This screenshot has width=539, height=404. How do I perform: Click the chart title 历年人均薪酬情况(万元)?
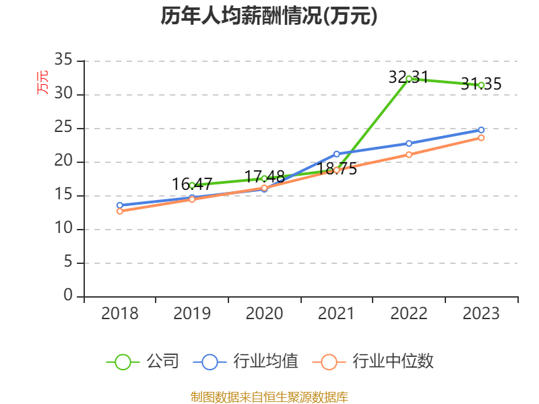click(269, 16)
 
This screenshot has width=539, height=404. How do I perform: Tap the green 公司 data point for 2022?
click(409, 79)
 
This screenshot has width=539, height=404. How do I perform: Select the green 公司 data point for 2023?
click(481, 85)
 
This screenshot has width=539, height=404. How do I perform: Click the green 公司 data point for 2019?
click(192, 184)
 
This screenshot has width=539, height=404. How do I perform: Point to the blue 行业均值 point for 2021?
click(337, 154)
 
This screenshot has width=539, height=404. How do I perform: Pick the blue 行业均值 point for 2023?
click(481, 130)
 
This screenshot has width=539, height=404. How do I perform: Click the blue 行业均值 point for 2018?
click(120, 205)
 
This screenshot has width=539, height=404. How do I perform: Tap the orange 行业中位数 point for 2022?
click(409, 155)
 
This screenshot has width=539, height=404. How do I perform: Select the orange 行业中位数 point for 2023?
click(481, 137)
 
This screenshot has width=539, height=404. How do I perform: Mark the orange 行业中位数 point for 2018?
click(120, 211)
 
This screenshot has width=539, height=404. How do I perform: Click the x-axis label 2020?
click(264, 314)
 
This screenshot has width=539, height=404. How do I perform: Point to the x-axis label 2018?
click(120, 314)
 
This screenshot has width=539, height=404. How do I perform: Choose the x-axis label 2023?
click(481, 314)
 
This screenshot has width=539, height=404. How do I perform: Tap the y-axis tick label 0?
click(67, 296)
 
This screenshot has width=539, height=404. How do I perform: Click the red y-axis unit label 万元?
click(42, 82)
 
